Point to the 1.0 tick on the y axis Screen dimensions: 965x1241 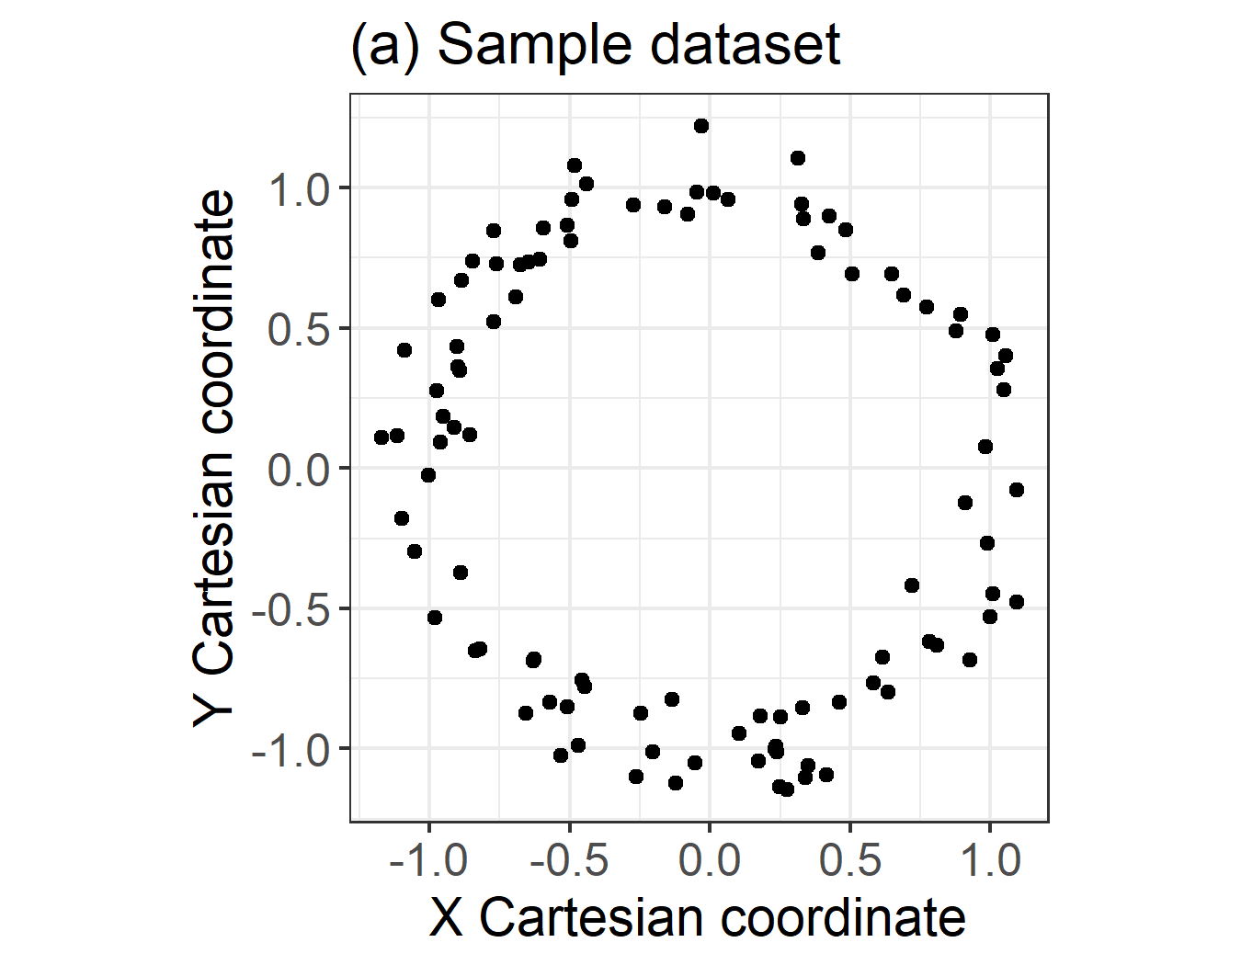298,190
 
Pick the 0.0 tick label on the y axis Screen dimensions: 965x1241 298,471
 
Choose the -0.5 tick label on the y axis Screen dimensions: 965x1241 290,611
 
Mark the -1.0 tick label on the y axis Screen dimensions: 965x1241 290,752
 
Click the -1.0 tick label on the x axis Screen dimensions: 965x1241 428,861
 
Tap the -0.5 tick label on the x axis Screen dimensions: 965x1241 568,861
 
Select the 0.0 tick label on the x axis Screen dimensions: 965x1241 709,861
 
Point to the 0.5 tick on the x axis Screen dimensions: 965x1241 849,861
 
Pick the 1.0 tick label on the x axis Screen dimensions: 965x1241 990,861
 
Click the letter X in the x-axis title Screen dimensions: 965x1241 446,917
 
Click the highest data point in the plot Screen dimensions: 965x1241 701,126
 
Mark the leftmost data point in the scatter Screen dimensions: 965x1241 381,437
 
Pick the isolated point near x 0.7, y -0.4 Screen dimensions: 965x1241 912,585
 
